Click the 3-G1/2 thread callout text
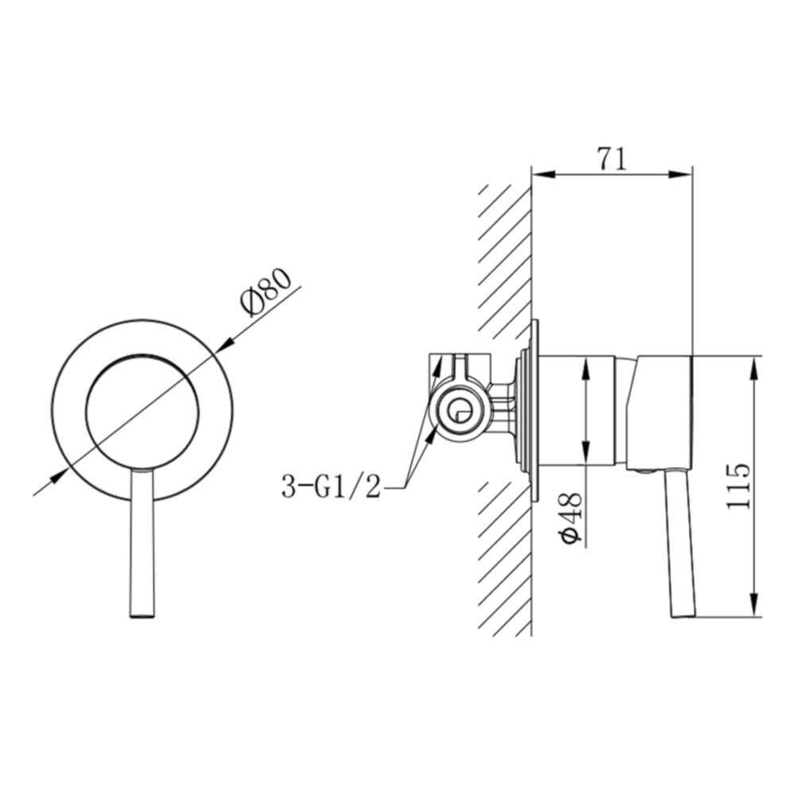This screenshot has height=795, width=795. tap(331, 484)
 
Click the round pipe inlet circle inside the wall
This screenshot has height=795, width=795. tap(459, 411)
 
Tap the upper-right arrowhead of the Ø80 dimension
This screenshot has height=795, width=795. tap(226, 343)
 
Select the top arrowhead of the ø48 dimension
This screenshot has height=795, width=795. tap(586, 364)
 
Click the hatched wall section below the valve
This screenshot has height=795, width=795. tap(505, 556)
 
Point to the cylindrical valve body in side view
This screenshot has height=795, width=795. tap(580, 409)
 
